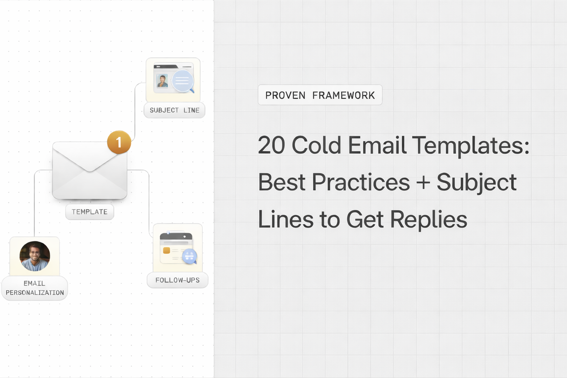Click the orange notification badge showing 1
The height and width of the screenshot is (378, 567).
point(119,142)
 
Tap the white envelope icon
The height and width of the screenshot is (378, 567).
point(89,171)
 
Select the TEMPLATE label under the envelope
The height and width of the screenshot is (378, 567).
point(89,212)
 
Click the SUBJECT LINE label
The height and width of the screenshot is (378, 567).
point(174,110)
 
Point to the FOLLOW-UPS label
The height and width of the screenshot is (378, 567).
point(177,280)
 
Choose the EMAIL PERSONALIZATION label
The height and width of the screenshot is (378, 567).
point(34,288)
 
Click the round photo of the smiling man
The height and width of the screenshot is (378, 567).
point(34,256)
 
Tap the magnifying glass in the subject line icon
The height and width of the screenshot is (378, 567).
point(183,81)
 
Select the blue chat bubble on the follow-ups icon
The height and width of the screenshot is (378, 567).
point(189,257)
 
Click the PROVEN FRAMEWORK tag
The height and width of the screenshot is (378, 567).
point(320,95)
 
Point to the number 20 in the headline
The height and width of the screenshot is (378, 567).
point(271,146)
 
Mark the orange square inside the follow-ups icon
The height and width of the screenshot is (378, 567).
point(166,250)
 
